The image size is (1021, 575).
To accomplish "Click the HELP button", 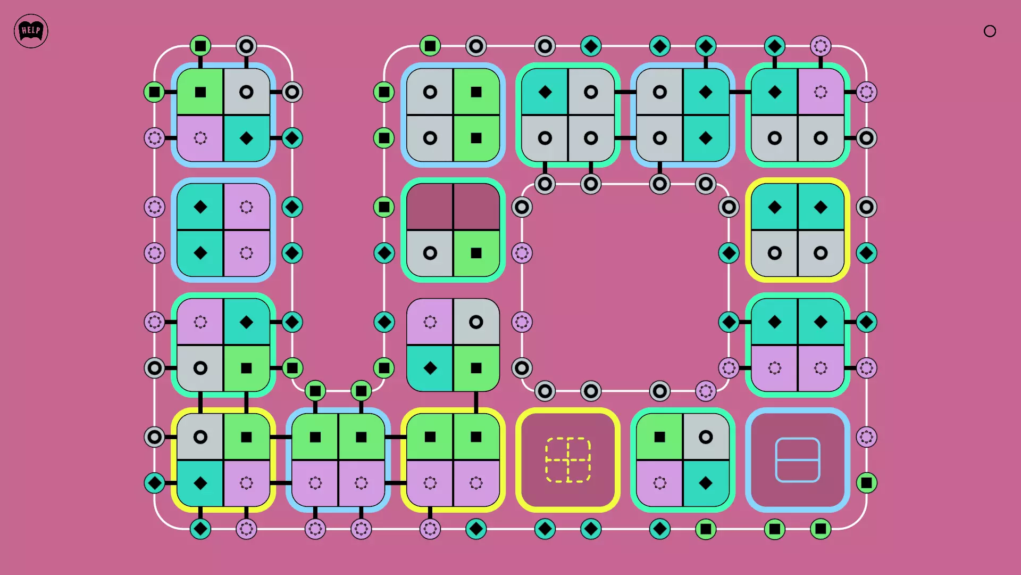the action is (x=31, y=31).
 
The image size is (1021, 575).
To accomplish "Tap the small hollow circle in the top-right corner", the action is (x=990, y=31).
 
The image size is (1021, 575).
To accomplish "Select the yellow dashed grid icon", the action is (x=568, y=460).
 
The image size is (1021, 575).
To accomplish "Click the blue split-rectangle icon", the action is (x=798, y=460).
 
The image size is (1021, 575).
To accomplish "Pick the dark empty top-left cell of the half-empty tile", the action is (x=430, y=207).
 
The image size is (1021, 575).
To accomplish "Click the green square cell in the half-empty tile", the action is (x=476, y=253).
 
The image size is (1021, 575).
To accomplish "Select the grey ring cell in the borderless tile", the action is (x=476, y=322).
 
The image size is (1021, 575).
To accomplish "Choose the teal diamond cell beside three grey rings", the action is (x=545, y=92).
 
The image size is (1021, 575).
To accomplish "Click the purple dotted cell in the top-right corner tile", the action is (x=821, y=92).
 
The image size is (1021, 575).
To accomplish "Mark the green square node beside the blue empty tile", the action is (x=866, y=483).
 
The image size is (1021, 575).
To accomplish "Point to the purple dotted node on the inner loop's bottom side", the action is (x=706, y=391).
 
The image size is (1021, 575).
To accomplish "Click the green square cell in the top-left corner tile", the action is (x=200, y=92).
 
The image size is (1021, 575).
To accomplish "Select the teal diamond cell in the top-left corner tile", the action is (x=247, y=138).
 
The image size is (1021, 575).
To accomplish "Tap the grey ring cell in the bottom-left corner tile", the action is (x=200, y=437).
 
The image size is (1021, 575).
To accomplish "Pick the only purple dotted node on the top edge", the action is (x=821, y=46).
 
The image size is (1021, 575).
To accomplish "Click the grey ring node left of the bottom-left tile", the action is (x=154, y=437).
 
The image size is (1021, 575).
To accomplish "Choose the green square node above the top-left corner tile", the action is (x=200, y=46).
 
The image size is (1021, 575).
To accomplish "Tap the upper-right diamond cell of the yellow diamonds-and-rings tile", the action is (x=821, y=207).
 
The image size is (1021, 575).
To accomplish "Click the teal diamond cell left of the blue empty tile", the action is (x=706, y=483).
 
